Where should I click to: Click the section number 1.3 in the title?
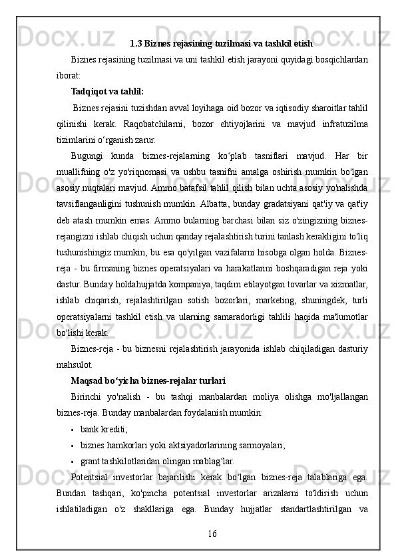point(136,45)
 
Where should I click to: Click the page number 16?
point(212,533)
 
